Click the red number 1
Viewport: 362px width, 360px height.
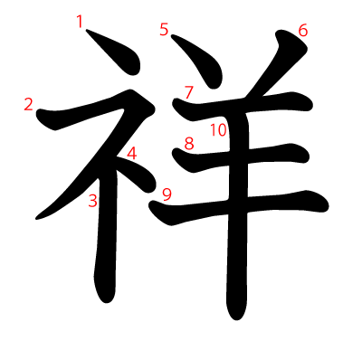click(80, 22)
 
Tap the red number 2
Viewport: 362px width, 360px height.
click(28, 105)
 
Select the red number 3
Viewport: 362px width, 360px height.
click(93, 201)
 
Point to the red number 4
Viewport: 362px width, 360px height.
click(132, 153)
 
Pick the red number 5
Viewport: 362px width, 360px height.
click(164, 30)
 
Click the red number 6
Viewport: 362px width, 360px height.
click(303, 31)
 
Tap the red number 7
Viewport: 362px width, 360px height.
click(188, 92)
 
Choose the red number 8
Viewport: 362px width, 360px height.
click(189, 144)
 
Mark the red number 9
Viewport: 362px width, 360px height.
click(167, 194)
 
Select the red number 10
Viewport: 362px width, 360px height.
click(218, 130)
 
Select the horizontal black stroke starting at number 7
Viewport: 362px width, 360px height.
click(242, 107)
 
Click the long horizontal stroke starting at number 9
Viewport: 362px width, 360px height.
click(238, 206)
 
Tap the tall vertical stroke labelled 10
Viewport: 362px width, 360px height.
click(238, 211)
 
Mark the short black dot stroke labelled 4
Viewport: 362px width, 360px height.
click(138, 175)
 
